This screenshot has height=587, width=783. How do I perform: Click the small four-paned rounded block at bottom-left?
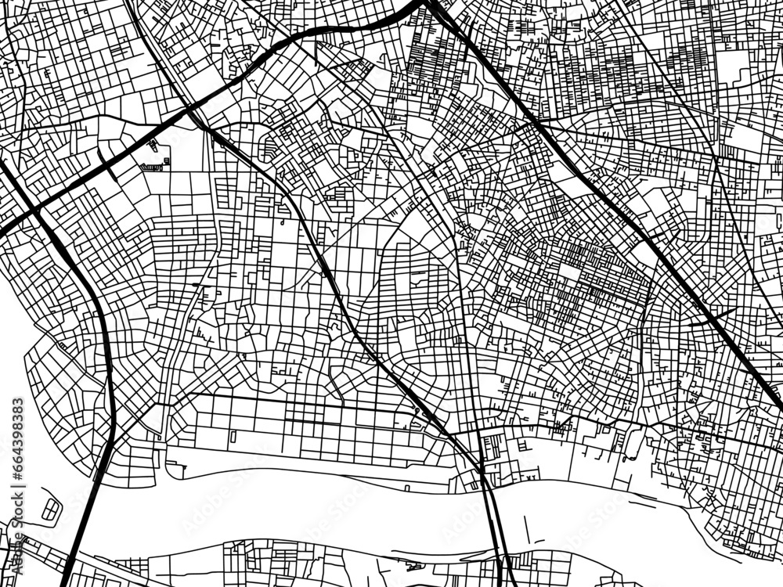(x=51, y=510)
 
